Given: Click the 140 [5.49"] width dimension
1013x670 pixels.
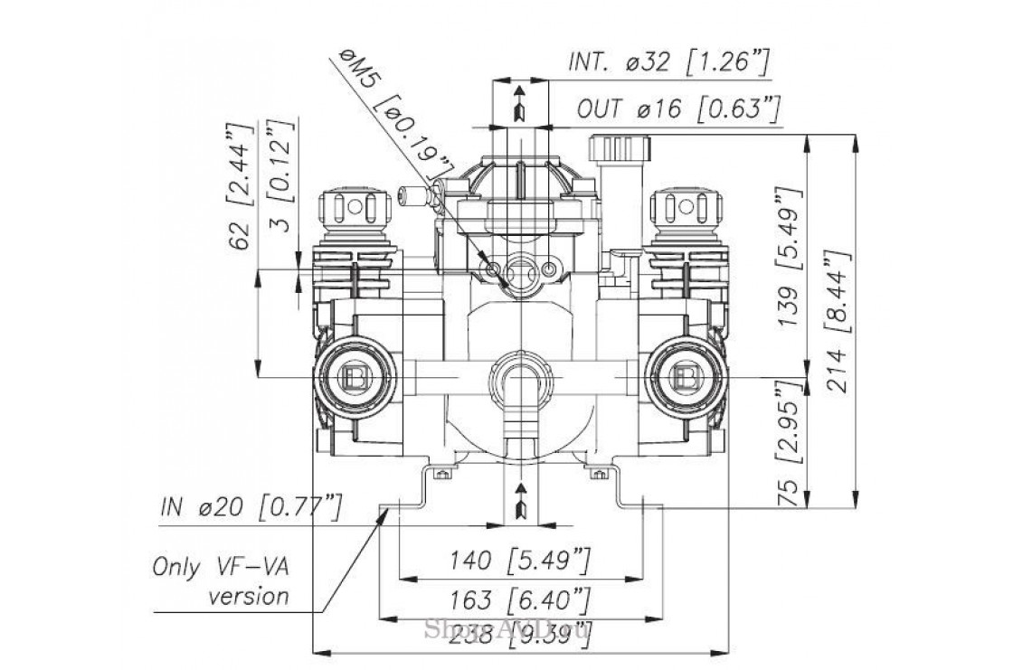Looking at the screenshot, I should tap(519, 561).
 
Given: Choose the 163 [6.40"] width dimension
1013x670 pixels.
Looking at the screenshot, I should tap(519, 599).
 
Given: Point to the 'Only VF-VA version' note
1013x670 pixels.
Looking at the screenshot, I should tap(222, 582).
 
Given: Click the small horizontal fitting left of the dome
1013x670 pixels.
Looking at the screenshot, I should tap(411, 193).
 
